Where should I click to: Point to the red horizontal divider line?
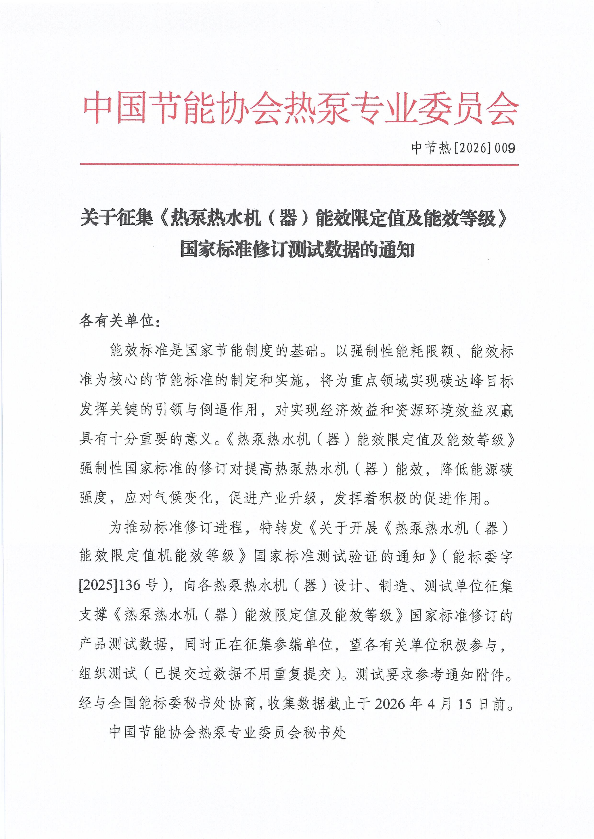tap(299, 165)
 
